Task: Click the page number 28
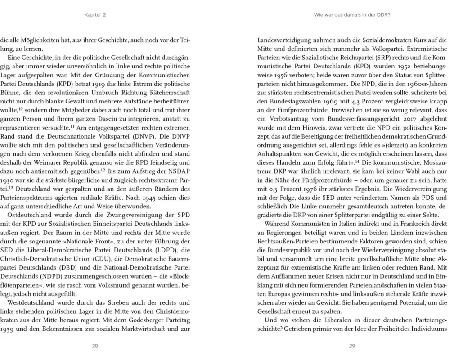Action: [95, 346]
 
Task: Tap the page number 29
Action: [352, 346]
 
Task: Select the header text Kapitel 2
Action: [95, 15]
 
